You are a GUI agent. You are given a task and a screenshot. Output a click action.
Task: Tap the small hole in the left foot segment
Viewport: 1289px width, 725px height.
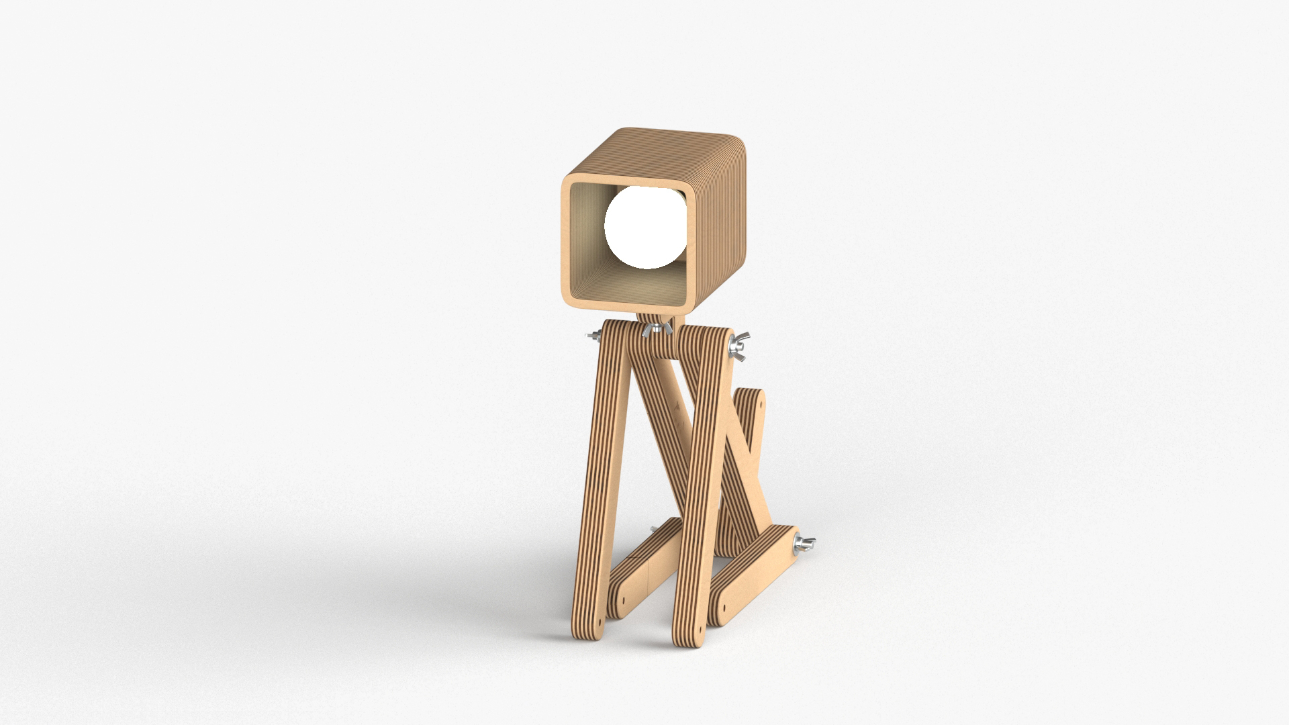[x=623, y=596]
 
